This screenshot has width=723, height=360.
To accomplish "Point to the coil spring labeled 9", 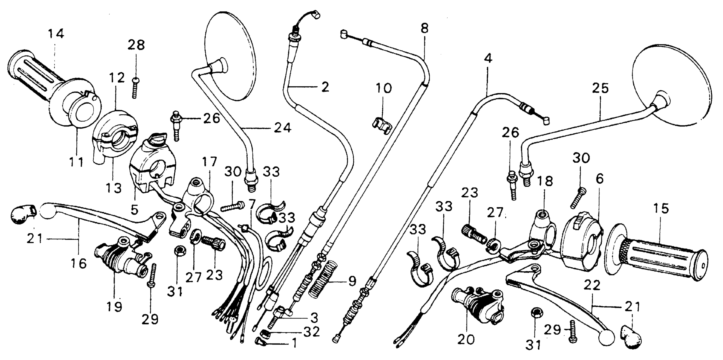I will pyautogui.click(x=323, y=278).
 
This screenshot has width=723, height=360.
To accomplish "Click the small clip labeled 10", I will pyautogui.click(x=382, y=124).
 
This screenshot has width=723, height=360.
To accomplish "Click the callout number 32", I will pyautogui.click(x=312, y=332).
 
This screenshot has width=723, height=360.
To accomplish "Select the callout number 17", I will pyautogui.click(x=210, y=162).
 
